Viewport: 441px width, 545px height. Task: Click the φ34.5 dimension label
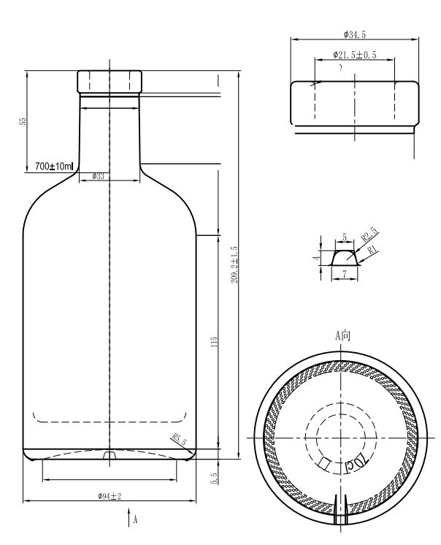click(355, 34)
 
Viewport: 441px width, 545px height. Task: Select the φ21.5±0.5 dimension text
click(355, 55)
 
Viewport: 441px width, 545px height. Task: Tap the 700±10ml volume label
click(54, 167)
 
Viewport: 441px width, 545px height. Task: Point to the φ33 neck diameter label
click(98, 176)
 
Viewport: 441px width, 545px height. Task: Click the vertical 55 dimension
click(23, 121)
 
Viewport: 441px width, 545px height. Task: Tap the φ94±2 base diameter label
click(109, 496)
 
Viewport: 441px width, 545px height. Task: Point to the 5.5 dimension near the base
click(213, 476)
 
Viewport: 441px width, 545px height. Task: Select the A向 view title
click(343, 336)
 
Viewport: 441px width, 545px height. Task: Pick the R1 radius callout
click(372, 250)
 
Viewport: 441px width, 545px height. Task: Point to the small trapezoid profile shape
click(345, 257)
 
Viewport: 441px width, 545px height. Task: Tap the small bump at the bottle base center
click(109, 456)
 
